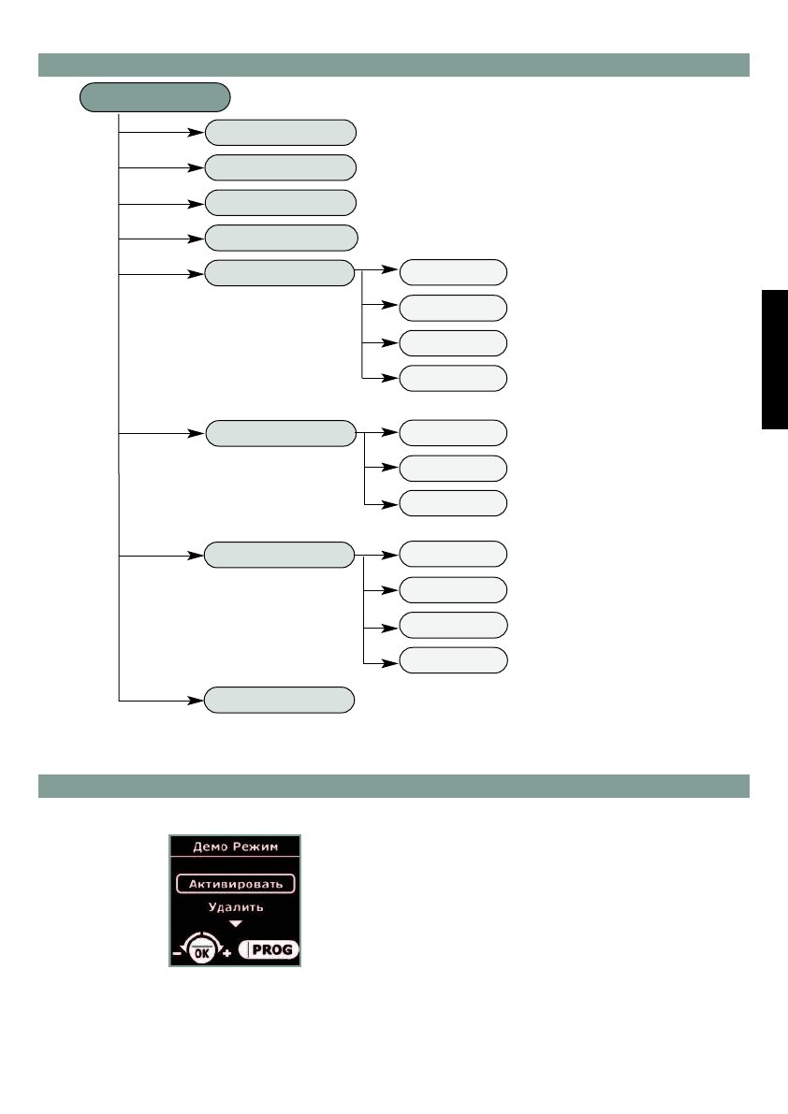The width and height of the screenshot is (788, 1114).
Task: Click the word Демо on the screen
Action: click(211, 846)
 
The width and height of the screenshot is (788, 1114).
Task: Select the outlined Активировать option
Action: click(235, 883)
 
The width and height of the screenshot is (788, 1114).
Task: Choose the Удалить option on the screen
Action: click(235, 906)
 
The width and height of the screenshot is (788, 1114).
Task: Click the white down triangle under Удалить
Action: click(235, 923)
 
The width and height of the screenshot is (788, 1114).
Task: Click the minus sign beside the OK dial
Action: click(176, 954)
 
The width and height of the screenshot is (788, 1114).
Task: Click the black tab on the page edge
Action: click(775, 360)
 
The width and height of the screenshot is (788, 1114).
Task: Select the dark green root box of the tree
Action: click(155, 96)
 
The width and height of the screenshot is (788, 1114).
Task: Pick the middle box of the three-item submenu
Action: click(453, 468)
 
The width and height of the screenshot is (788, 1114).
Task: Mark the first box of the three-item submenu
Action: click(453, 433)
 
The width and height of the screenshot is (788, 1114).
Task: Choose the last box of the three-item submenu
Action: click(453, 503)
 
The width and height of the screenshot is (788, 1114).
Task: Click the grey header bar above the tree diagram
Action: click(393, 65)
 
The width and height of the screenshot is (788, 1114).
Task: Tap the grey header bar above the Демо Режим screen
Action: click(393, 786)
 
